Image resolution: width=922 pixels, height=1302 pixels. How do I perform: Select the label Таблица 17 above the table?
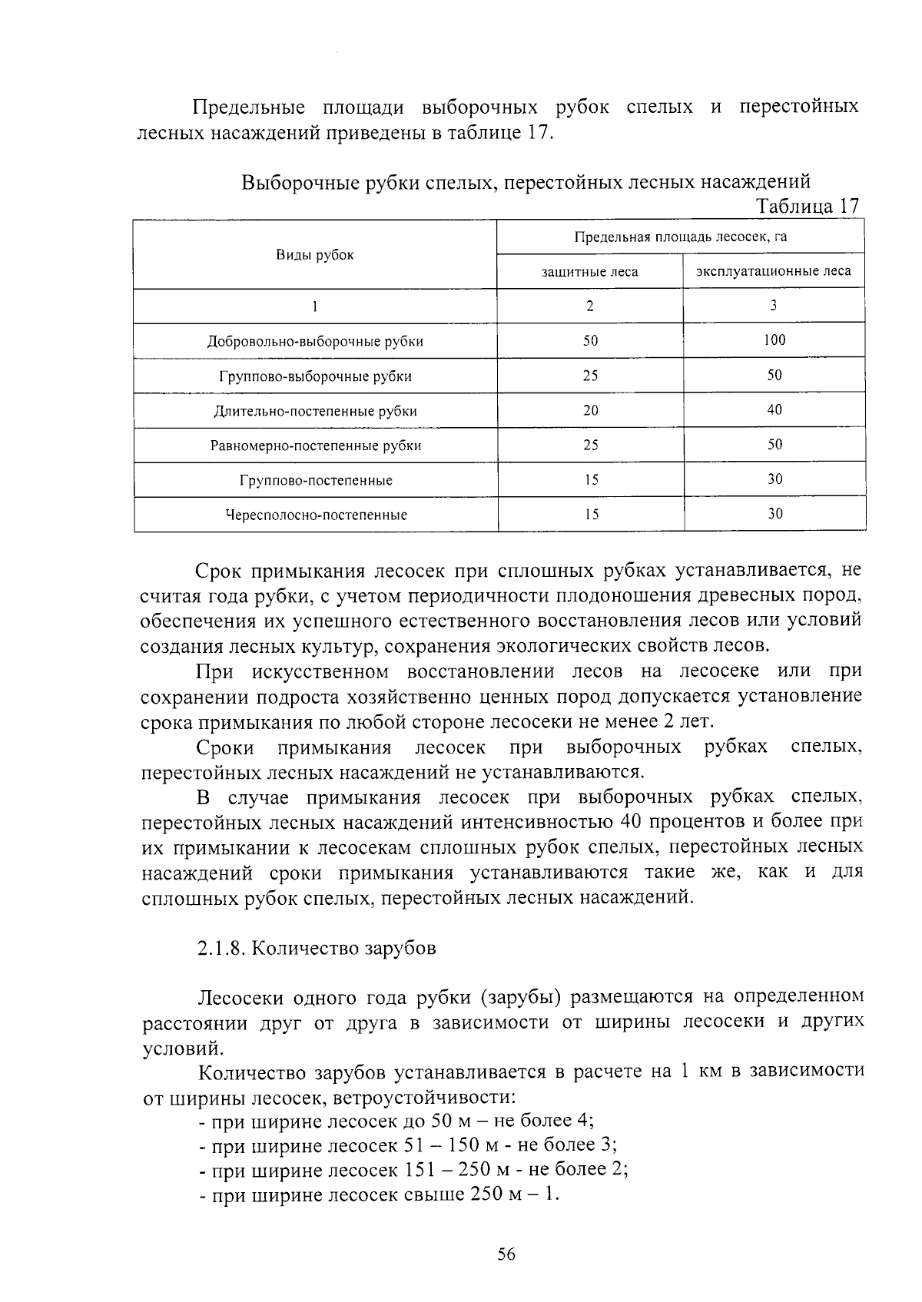click(x=807, y=206)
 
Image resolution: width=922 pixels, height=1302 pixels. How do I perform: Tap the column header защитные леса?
click(x=589, y=271)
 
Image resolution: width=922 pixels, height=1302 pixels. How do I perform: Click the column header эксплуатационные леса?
click(x=774, y=271)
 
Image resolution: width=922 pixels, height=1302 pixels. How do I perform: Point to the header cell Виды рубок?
click(x=315, y=255)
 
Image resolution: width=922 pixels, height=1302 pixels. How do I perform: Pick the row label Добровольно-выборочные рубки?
click(x=315, y=341)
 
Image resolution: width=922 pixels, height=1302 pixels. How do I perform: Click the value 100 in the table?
click(x=774, y=340)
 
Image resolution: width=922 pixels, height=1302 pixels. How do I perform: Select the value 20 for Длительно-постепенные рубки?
click(x=590, y=410)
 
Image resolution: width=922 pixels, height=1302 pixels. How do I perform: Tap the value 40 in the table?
click(x=774, y=410)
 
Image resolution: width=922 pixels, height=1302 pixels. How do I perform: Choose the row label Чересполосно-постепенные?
click(x=315, y=515)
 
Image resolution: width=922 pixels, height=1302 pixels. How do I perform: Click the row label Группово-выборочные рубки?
click(x=315, y=376)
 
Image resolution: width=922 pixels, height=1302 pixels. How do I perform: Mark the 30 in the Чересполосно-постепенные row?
click(x=774, y=514)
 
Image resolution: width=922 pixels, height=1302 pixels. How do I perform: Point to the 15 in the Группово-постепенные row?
click(x=590, y=480)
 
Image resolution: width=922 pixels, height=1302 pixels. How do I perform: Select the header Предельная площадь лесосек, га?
click(x=681, y=237)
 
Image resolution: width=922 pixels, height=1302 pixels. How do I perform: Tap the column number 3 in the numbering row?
click(x=774, y=305)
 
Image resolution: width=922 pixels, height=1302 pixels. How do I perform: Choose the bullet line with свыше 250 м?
click(x=380, y=1194)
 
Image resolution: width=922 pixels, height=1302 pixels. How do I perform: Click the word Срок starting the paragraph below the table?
click(x=218, y=571)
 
